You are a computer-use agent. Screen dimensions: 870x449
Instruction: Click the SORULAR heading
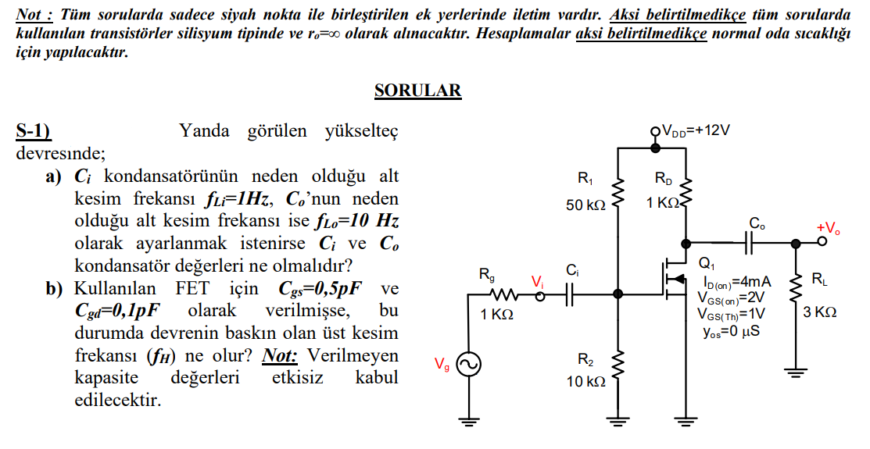417,91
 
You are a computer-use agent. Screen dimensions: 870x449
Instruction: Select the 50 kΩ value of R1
586,205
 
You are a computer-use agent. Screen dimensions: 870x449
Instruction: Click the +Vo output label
828,228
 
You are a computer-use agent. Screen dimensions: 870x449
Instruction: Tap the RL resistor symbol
797,289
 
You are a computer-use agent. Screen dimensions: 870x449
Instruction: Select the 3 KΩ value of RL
820,312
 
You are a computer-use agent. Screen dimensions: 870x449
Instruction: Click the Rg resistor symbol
501,294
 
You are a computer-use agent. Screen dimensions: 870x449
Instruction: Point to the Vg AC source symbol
468,364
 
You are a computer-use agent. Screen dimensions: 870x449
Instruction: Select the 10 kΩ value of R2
586,382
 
